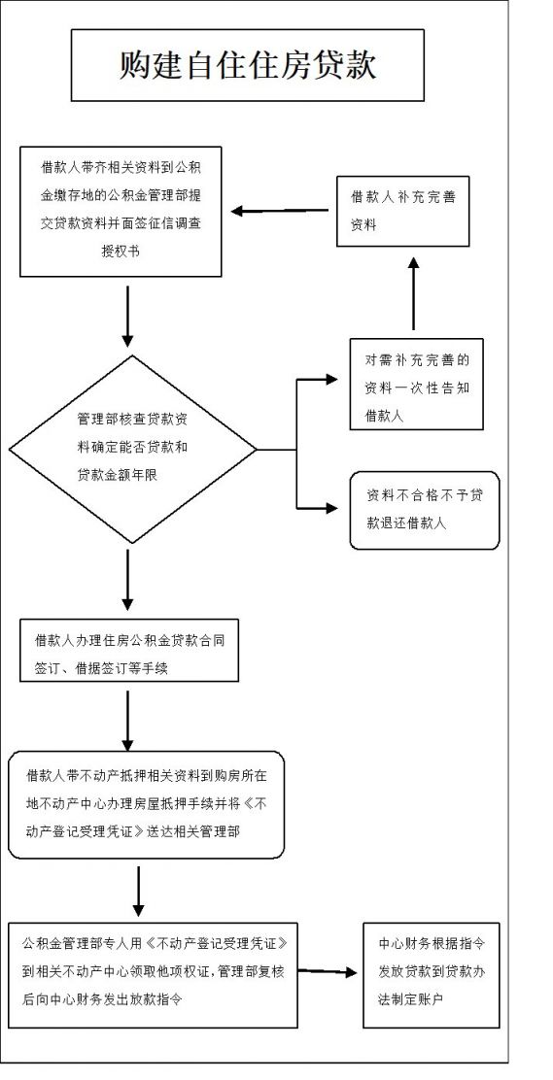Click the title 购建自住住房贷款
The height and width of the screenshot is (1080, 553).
[x=248, y=66]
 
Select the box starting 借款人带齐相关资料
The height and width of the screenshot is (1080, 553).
[x=121, y=212]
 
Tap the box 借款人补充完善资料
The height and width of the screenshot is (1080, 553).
[x=402, y=211]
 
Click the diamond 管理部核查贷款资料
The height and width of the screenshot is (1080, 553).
[x=133, y=450]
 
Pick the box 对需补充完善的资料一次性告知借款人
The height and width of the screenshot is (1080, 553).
[x=417, y=385]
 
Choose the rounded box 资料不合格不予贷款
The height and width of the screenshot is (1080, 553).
[x=425, y=511]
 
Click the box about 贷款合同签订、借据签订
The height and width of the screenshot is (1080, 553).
[x=129, y=650]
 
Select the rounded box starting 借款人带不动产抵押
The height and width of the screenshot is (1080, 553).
[x=146, y=804]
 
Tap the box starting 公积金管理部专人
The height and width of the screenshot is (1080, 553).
[x=154, y=975]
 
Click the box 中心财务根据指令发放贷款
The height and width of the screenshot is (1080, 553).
[x=431, y=975]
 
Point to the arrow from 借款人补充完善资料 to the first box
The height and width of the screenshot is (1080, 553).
[x=284, y=212]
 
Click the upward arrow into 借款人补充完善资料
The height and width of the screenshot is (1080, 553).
[x=413, y=293]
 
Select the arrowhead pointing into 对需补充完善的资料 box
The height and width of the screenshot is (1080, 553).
[x=331, y=380]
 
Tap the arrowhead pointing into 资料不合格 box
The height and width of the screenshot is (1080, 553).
[x=331, y=509]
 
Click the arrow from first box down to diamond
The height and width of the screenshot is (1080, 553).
[x=127, y=317]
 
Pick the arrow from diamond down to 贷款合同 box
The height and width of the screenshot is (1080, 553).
[x=127, y=579]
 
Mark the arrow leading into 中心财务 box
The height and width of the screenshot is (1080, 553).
[x=328, y=972]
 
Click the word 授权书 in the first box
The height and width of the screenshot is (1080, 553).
[x=121, y=253]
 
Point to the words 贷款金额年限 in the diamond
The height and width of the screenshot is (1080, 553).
[x=118, y=474]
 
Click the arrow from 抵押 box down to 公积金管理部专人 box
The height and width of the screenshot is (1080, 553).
[x=139, y=892]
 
